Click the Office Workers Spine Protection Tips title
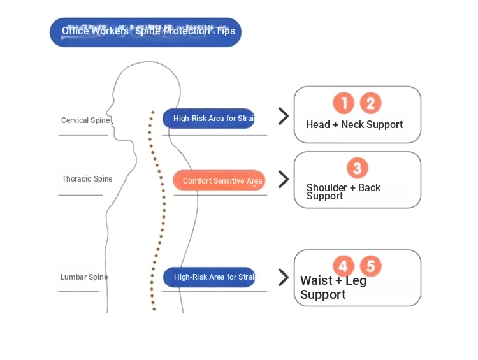click(x=146, y=32)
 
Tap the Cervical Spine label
click(x=85, y=120)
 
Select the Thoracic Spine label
click(x=87, y=179)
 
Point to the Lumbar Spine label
click(x=84, y=277)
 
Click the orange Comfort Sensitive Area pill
click(x=219, y=181)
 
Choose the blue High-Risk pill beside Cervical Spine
click(x=208, y=119)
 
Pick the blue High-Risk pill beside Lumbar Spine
click(x=209, y=277)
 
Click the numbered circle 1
click(x=344, y=103)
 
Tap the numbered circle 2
click(x=370, y=103)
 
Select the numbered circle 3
click(x=357, y=168)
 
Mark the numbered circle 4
click(x=344, y=266)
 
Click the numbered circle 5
click(x=370, y=266)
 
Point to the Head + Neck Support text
click(x=354, y=125)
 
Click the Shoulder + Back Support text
click(x=344, y=192)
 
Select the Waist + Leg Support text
click(x=333, y=287)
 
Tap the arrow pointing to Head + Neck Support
click(x=284, y=116)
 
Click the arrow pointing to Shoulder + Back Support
click(x=284, y=179)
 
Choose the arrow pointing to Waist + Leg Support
click(x=284, y=277)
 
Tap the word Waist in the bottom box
click(x=316, y=281)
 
